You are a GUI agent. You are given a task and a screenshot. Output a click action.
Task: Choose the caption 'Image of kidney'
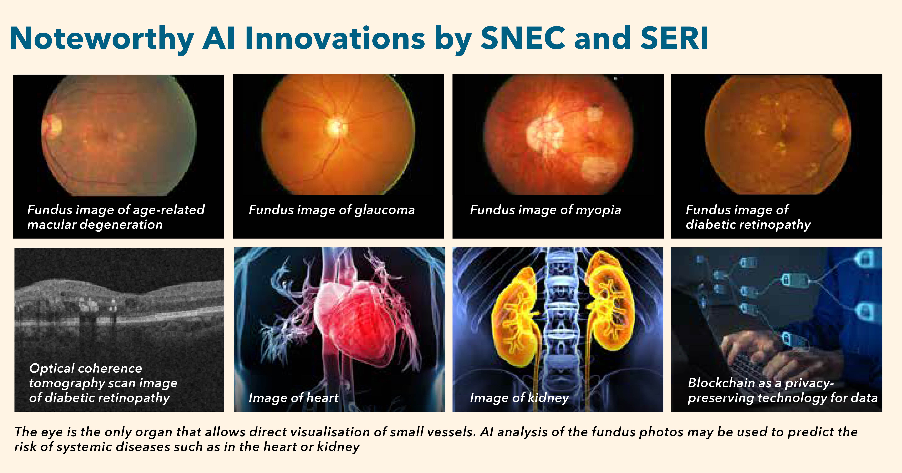(519, 398)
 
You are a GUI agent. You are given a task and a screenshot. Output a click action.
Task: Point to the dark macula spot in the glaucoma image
(284, 134)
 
